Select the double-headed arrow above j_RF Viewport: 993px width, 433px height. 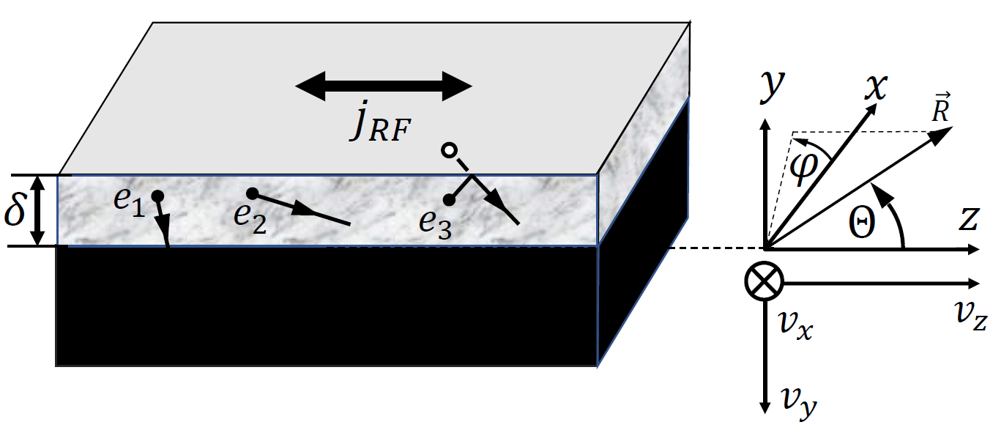384,86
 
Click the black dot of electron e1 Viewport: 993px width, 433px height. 157,196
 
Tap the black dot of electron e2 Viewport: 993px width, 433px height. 252,193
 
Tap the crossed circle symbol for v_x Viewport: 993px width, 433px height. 765,281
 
